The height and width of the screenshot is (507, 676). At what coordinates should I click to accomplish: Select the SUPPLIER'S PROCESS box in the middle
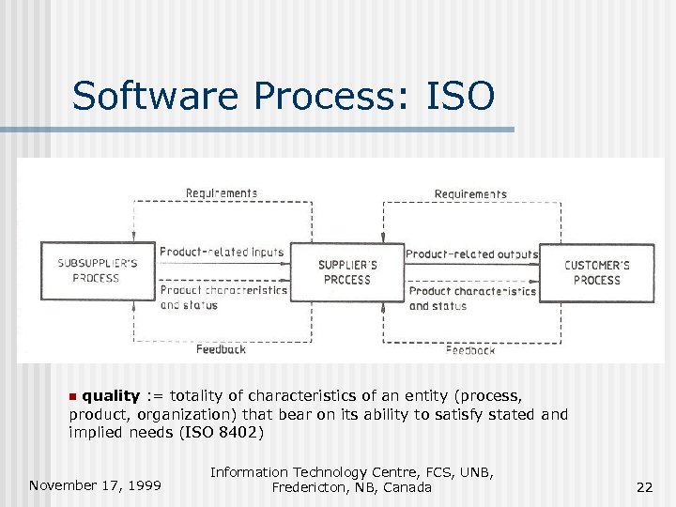[347, 271]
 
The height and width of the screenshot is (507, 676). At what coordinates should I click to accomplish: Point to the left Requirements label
[222, 193]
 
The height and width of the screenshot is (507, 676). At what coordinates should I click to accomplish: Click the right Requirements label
[470, 194]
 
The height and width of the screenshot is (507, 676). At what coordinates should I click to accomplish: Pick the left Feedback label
[222, 349]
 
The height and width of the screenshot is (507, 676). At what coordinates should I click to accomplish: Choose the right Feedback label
[470, 350]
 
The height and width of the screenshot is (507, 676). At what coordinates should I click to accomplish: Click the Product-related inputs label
[222, 252]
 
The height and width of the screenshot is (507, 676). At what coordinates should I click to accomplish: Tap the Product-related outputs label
[472, 253]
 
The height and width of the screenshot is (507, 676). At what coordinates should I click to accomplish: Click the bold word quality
[111, 395]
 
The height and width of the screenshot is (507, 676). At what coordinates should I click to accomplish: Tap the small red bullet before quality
[75, 396]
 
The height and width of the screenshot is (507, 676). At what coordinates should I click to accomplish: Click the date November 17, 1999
[95, 485]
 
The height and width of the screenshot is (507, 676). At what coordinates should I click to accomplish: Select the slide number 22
[644, 486]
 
